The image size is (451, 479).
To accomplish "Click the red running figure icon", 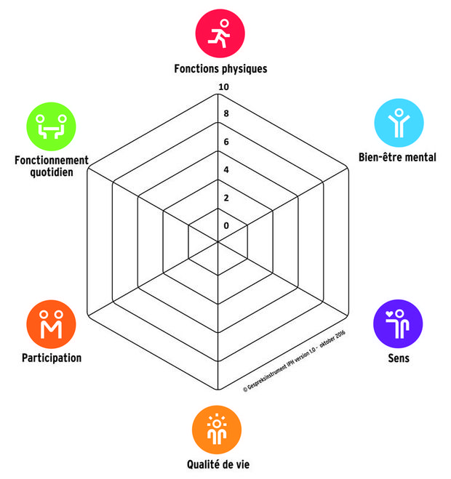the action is [x=220, y=33].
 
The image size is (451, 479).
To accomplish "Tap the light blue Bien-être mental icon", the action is [x=399, y=123].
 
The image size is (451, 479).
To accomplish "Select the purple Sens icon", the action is [x=398, y=323].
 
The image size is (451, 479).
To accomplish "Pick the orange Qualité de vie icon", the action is [x=217, y=430].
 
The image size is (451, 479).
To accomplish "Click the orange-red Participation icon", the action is [x=51, y=324].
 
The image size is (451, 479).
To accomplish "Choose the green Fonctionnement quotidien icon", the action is [x=51, y=126].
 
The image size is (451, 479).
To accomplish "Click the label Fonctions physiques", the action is [x=220, y=69].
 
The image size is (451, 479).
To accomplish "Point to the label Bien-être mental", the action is [x=397, y=157].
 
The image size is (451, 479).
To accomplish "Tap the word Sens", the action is [x=399, y=358].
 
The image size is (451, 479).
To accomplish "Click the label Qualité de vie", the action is [x=218, y=464].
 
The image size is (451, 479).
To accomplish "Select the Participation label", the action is [x=52, y=358].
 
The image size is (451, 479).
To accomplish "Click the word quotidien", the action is [x=52, y=172].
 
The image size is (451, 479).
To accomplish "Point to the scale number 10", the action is [x=223, y=87].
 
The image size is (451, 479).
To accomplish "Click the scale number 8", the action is [x=226, y=113].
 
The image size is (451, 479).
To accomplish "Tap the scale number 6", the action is [x=226, y=142].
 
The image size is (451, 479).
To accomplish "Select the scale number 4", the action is [x=226, y=169].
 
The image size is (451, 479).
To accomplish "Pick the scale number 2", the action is [x=226, y=198].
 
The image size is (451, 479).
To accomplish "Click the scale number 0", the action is [x=226, y=225].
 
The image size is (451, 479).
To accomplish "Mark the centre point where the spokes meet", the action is [x=218, y=241].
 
